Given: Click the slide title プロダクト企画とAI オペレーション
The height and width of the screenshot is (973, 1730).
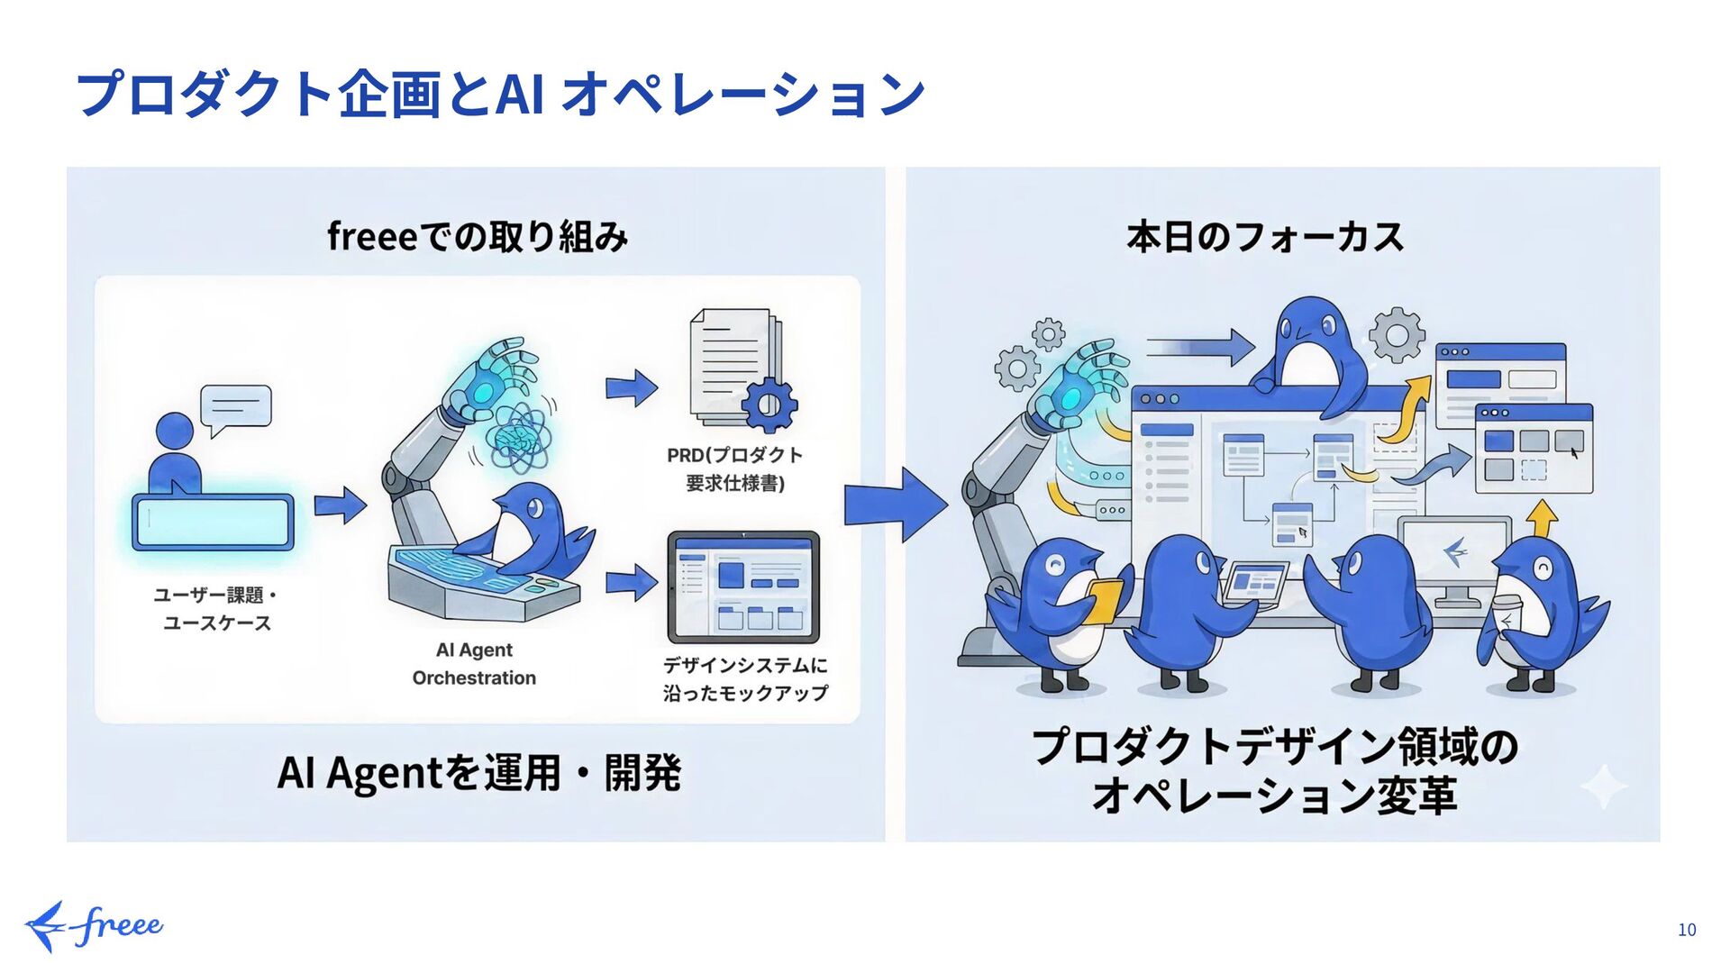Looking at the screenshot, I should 500,94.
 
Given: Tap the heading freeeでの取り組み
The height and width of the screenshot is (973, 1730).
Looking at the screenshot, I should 477,237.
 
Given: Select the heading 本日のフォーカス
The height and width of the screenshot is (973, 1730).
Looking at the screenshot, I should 1264,237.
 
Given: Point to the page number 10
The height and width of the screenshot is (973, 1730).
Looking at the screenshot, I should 1686,930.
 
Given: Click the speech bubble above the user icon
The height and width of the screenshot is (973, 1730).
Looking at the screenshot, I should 236,407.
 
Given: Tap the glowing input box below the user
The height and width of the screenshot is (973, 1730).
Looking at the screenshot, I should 213,522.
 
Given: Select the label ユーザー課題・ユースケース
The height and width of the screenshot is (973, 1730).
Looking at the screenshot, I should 216,609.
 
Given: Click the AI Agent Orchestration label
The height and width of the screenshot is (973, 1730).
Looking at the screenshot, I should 474,664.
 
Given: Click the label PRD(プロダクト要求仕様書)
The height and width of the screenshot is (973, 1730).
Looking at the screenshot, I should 734,469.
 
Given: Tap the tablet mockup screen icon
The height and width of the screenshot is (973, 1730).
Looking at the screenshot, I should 743,587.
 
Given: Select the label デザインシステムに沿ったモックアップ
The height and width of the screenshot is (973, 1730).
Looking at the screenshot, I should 745,679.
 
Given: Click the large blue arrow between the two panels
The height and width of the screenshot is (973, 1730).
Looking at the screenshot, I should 895,505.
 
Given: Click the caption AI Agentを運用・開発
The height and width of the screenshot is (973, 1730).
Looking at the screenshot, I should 478,773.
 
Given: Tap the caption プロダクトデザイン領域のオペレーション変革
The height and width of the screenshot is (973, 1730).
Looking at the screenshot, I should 1274,771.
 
